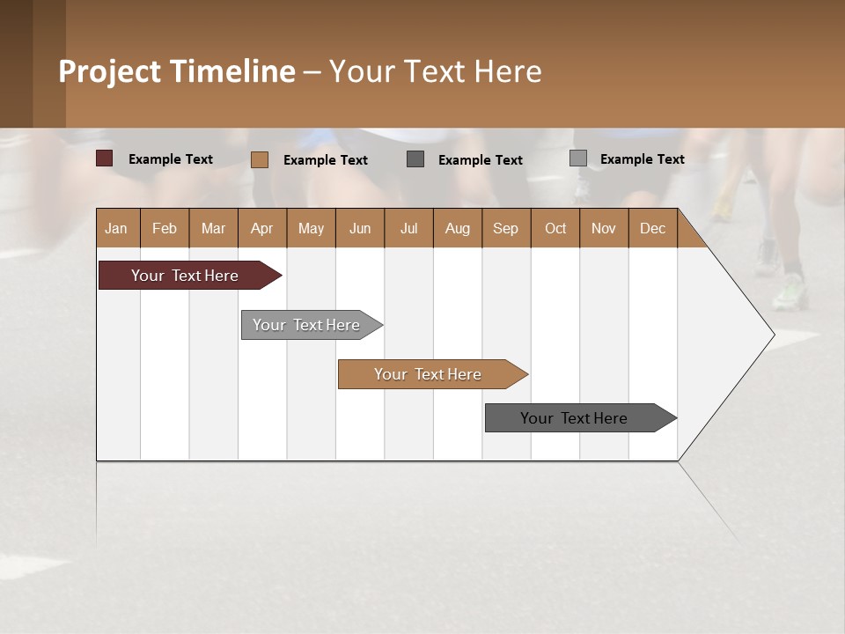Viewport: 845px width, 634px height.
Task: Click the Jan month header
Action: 116,228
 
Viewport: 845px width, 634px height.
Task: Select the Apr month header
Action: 261,228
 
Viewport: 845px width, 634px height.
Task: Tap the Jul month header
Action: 408,228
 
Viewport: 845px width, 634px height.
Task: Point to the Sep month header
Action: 505,228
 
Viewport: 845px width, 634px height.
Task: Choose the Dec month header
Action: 652,228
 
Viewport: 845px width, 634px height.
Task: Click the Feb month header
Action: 165,228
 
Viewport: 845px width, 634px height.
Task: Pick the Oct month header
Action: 555,228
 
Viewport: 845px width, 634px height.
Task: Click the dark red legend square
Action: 104,158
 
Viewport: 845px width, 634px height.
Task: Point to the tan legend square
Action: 259,159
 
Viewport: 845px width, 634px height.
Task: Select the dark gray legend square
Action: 415,158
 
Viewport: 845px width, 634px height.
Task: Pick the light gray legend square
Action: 577,158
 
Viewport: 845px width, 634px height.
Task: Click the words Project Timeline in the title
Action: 176,71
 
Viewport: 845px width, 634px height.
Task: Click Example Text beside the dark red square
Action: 171,159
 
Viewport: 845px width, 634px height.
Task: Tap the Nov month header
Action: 604,228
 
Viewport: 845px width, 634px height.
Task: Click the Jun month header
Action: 360,228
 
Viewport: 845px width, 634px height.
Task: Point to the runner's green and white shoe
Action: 790,292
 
